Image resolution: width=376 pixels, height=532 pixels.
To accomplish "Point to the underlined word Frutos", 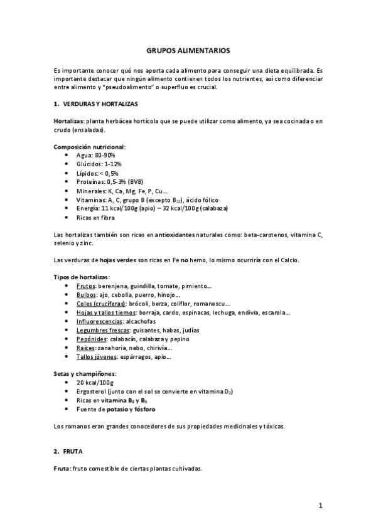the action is click(x=86, y=285).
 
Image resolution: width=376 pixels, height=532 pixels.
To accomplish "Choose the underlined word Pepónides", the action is click(x=90, y=339).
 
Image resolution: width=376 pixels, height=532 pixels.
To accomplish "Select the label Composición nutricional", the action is click(x=89, y=146).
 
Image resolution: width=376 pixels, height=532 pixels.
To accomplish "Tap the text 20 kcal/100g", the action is click(x=95, y=382).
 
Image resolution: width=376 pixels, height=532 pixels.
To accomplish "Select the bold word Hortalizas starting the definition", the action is click(x=70, y=120).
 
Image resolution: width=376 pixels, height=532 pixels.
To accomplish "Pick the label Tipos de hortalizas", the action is click(x=82, y=277).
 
